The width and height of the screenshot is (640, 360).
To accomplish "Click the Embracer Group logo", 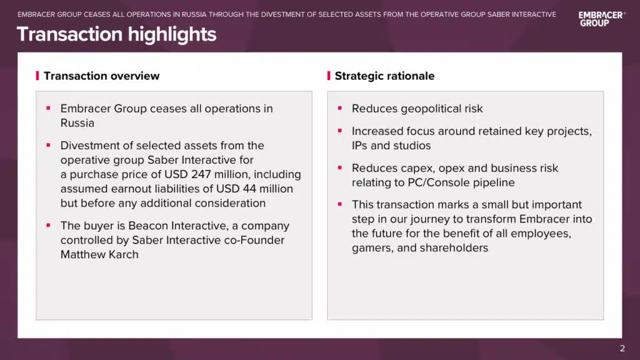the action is point(602,19).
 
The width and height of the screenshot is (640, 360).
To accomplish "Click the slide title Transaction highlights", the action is point(117,34).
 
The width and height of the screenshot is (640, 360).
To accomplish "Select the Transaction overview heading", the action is point(102,76).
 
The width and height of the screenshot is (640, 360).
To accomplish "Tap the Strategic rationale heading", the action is point(384,76).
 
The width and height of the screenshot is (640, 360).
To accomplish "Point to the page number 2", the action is point(622,348).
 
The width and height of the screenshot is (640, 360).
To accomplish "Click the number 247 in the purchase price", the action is point(201,174).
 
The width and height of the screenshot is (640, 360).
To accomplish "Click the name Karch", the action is point(121,254).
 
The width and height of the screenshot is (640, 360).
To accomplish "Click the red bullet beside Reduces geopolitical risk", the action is point(339,108).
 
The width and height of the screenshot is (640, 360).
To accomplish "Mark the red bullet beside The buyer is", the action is point(49,225).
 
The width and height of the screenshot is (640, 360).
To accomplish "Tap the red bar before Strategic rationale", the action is point(329,76).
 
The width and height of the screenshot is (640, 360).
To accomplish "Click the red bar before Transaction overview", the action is point(37,76).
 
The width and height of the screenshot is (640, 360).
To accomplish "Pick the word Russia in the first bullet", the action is point(77,123).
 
